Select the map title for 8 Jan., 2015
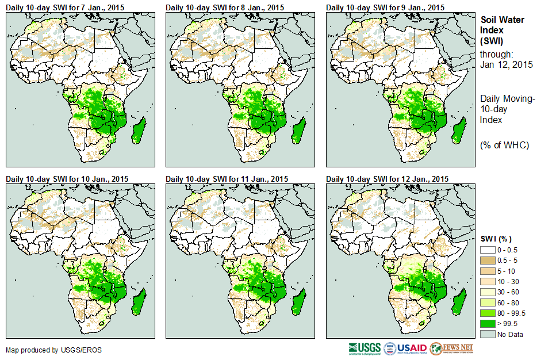(225, 7)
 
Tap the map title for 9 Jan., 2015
(385, 7)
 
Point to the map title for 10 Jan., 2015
(67, 179)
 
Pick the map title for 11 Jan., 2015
(227, 179)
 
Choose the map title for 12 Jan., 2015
(387, 179)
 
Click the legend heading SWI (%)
(496, 239)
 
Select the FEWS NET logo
(452, 348)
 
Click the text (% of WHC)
(504, 145)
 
